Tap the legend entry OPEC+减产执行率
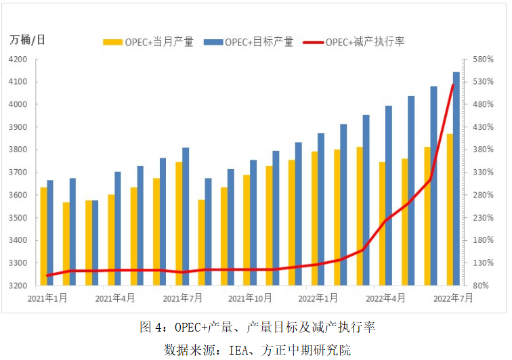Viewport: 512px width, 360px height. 365,42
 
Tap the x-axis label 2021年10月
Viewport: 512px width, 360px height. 251,297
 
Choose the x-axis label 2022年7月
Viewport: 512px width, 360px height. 452,297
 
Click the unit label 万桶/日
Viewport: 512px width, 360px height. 28,39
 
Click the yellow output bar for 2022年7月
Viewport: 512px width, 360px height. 450,209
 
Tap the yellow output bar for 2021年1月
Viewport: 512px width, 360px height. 43,236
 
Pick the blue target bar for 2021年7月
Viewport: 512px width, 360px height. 186,217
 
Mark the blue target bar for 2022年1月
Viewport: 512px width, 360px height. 321,209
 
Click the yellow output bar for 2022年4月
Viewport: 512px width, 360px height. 382,223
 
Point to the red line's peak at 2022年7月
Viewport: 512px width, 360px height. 453,84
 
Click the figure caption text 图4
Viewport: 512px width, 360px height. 152,328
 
